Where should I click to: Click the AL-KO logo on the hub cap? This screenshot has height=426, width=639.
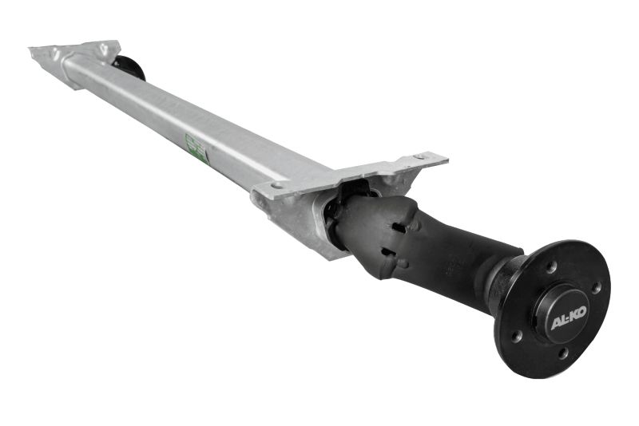click(568, 323)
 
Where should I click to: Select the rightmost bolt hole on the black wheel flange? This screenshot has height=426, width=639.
click(596, 287)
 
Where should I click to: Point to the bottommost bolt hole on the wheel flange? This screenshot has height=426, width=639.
click(563, 352)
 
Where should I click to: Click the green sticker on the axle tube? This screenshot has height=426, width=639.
click(196, 148)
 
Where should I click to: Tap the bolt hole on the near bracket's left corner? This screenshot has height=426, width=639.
click(276, 184)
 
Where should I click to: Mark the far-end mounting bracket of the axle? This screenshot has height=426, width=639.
click(76, 54)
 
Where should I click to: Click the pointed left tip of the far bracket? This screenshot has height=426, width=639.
click(32, 51)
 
